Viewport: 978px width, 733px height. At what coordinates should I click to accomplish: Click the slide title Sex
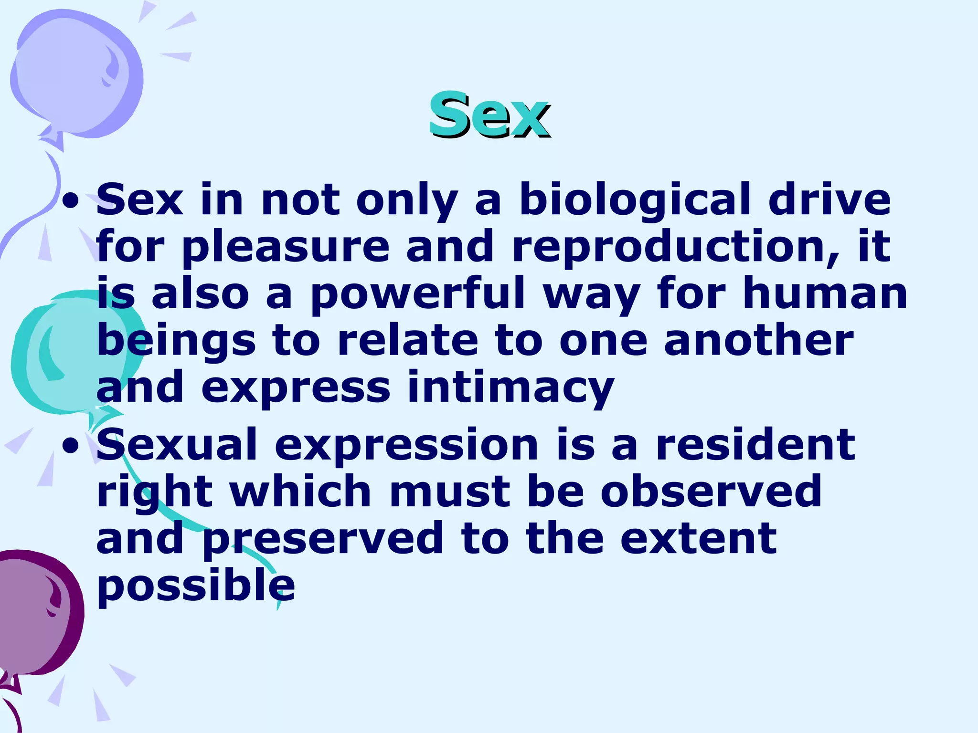[489, 115]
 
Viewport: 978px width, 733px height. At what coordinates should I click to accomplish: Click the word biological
[635, 200]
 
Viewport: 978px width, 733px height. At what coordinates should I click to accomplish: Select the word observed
[712, 492]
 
